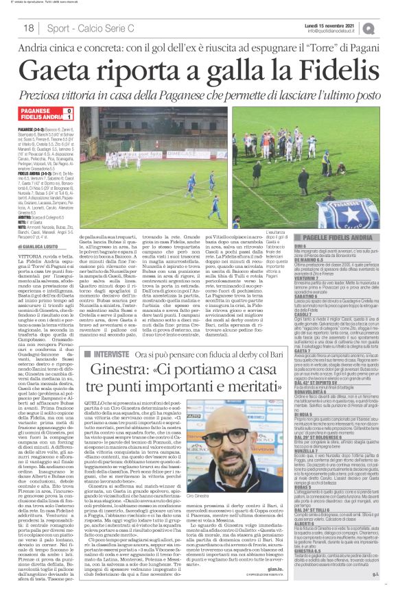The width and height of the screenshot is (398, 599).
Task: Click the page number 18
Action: coord(29,27)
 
